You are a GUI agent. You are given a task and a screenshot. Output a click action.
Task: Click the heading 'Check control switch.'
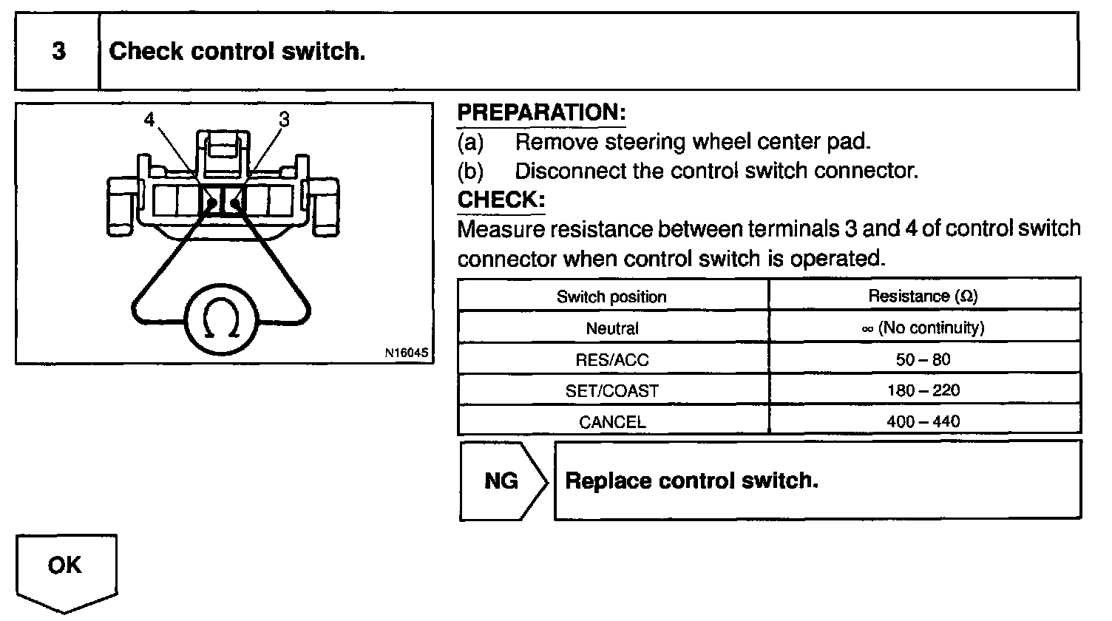pyautogui.click(x=237, y=52)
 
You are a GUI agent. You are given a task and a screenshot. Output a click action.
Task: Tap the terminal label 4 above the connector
pyautogui.click(x=150, y=120)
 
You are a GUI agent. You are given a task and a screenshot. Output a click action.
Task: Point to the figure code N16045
pyautogui.click(x=405, y=353)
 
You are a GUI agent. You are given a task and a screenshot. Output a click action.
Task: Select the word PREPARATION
pyautogui.click(x=541, y=112)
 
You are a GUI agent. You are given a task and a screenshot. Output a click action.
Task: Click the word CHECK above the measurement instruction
pyautogui.click(x=501, y=200)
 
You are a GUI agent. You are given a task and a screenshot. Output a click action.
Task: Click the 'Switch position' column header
pyautogui.click(x=611, y=296)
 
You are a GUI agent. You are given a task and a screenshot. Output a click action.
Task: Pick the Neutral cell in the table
pyautogui.click(x=612, y=328)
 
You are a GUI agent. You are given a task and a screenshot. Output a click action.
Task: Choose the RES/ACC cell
pyautogui.click(x=612, y=360)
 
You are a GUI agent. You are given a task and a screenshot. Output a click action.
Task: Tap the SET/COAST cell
pyautogui.click(x=612, y=391)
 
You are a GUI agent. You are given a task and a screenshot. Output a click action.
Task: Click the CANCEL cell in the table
pyautogui.click(x=612, y=422)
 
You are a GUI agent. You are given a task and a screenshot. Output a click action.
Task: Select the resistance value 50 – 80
pyautogui.click(x=923, y=360)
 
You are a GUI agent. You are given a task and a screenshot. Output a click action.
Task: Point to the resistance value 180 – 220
pyautogui.click(x=923, y=391)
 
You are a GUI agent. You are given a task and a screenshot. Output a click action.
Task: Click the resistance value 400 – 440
pyautogui.click(x=923, y=422)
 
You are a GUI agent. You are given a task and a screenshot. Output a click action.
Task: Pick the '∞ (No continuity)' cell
pyautogui.click(x=923, y=328)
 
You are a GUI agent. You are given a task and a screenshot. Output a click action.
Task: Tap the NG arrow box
pyautogui.click(x=503, y=481)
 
